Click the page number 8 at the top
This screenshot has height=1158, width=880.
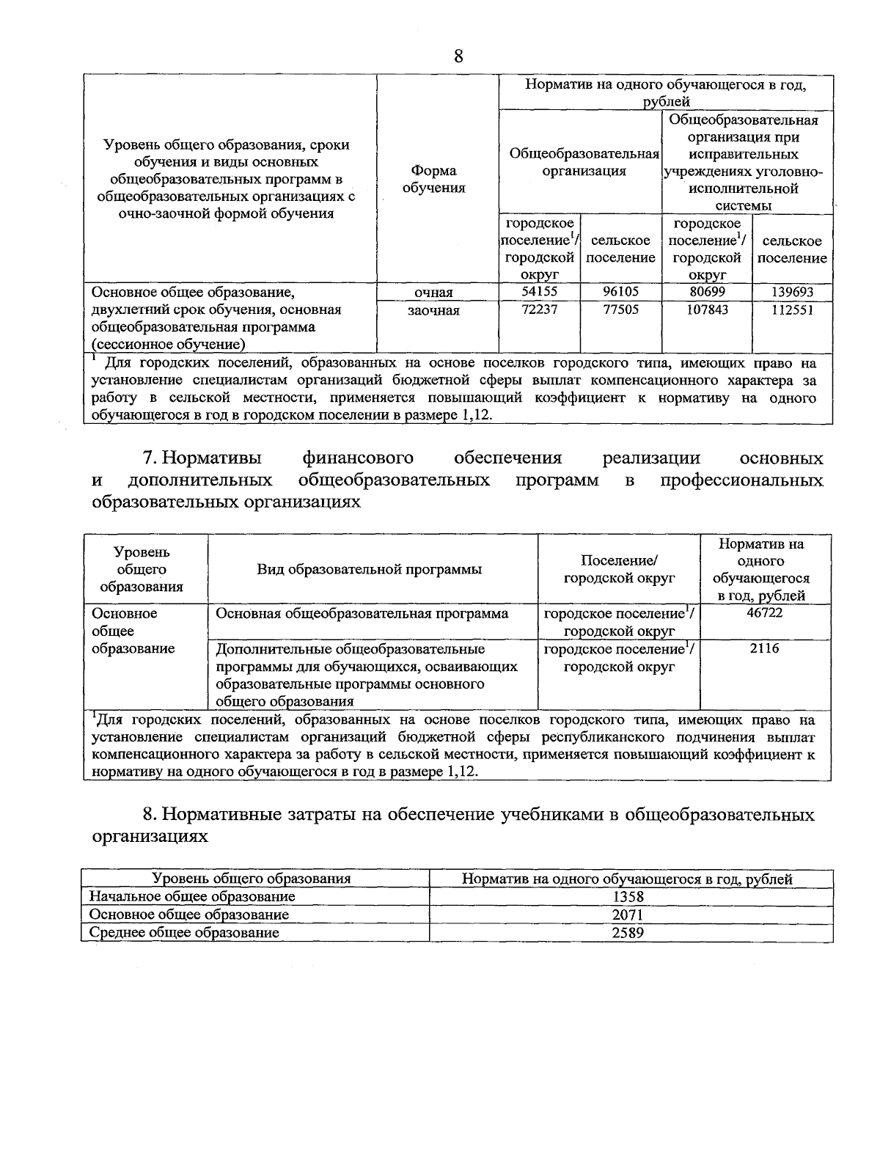point(458,57)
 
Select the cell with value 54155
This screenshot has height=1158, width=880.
point(539,292)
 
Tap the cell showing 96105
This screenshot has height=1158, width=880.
point(620,292)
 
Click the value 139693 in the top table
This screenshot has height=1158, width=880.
point(792,292)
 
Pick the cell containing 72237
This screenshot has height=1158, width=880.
point(539,310)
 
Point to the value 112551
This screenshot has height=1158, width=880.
point(792,310)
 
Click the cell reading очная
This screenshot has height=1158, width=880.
point(433,293)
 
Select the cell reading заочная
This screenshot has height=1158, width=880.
point(433,311)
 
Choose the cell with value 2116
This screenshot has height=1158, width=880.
point(764,649)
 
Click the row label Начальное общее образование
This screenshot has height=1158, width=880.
point(192,896)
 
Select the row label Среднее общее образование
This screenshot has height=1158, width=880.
point(184,933)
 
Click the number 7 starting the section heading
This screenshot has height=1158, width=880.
point(148,458)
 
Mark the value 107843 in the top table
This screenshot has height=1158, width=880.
point(707,310)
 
